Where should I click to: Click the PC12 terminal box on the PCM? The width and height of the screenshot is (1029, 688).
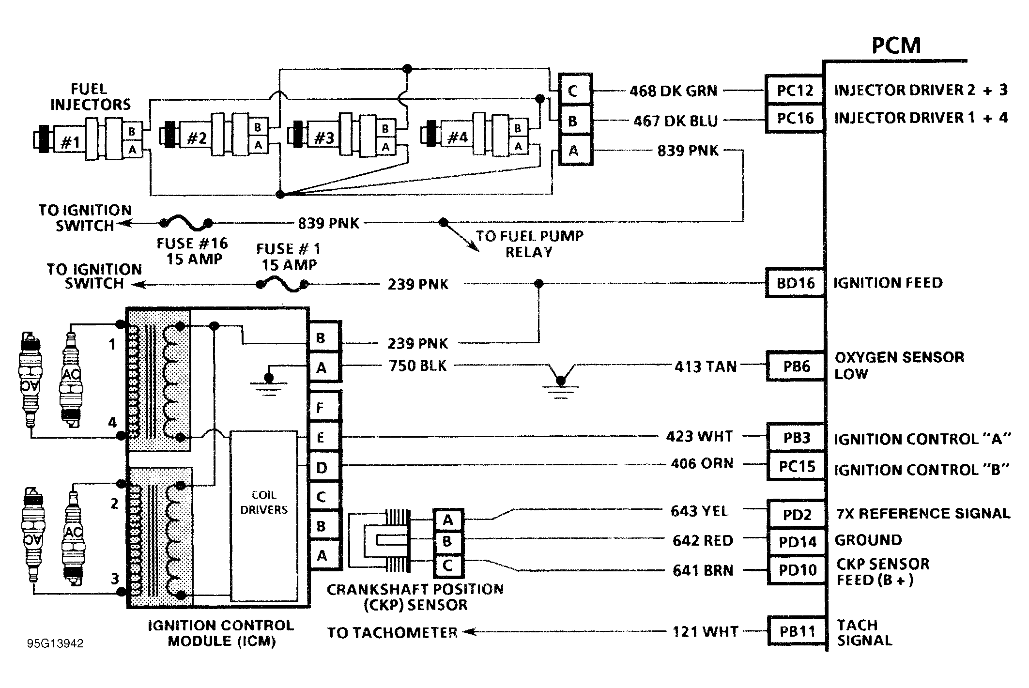click(x=795, y=90)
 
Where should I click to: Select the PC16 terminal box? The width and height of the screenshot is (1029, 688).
click(x=795, y=118)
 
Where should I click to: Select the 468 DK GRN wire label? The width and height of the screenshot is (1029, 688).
click(x=673, y=91)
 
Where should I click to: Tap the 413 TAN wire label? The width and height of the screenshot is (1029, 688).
click(x=706, y=367)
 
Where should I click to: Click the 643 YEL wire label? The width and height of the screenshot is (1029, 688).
click(x=699, y=511)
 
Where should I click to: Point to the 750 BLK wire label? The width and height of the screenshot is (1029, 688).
click(x=418, y=366)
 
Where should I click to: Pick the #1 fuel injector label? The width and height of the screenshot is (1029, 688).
click(x=71, y=142)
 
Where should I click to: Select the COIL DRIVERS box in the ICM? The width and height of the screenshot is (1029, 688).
click(x=263, y=516)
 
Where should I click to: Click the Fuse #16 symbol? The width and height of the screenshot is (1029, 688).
click(x=186, y=224)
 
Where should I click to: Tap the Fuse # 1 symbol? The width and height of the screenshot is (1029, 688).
click(x=283, y=285)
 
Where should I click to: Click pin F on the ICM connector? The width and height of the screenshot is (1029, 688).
click(x=325, y=407)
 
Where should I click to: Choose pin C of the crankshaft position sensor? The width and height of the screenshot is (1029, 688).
click(x=448, y=565)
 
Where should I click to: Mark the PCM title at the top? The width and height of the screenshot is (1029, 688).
click(x=896, y=46)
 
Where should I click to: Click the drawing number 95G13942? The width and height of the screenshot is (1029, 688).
click(x=55, y=643)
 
